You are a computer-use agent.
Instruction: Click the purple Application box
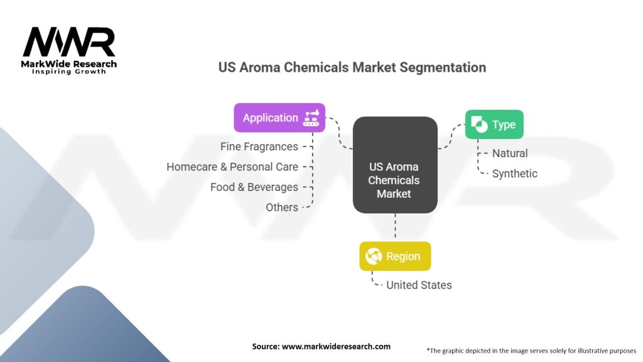click(279, 118)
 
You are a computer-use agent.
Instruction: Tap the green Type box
click(494, 124)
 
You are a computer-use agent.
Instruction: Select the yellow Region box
click(395, 256)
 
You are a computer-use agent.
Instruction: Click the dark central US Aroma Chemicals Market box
click(395, 165)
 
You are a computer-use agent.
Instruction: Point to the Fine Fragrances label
click(259, 146)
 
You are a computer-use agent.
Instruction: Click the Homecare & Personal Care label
click(232, 167)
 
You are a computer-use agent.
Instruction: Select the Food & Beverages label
click(254, 187)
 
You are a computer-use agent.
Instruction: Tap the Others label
click(282, 207)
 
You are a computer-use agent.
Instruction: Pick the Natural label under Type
click(510, 153)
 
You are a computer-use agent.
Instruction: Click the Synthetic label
click(515, 173)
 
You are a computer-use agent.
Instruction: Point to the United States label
click(419, 285)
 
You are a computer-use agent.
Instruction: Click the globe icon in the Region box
click(374, 256)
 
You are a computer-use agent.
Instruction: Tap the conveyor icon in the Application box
click(311, 118)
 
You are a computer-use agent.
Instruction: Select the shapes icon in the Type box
click(479, 124)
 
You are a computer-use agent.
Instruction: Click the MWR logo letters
click(69, 42)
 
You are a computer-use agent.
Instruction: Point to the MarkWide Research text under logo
click(69, 64)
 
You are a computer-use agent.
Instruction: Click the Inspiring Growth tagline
click(69, 72)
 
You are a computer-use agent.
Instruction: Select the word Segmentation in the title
click(443, 67)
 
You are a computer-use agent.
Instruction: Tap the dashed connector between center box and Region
click(395, 226)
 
